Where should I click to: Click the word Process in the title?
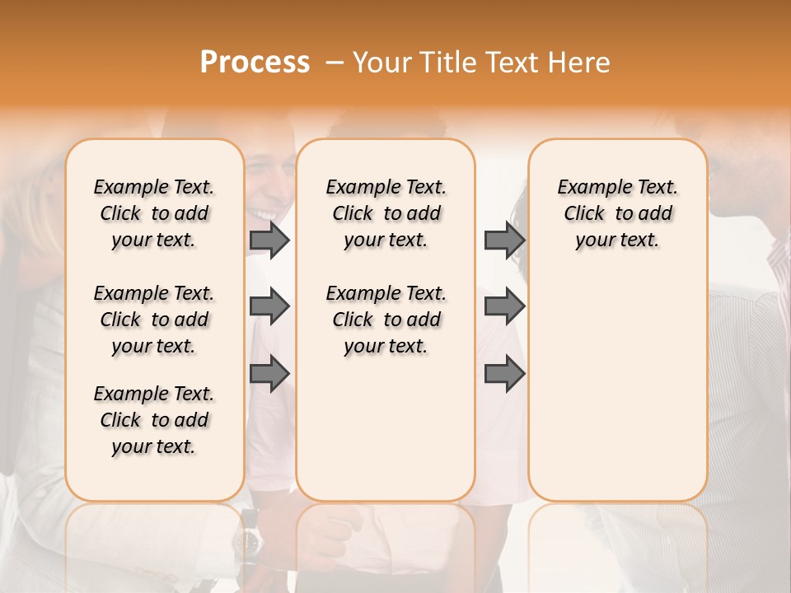[255, 63]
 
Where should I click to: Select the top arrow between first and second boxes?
[269, 240]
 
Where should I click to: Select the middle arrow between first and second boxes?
[269, 307]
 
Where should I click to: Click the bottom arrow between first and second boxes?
[269, 375]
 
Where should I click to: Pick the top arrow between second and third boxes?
[504, 240]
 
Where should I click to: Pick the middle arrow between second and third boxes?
[504, 307]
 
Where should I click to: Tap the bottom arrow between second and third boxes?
[504, 375]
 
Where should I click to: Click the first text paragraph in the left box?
[154, 213]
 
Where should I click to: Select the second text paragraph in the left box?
[154, 320]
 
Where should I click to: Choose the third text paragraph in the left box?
[154, 420]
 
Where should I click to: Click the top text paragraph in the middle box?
[386, 213]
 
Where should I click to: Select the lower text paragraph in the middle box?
[386, 320]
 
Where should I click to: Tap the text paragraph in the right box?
[617, 213]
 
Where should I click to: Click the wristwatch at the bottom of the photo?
[246, 541]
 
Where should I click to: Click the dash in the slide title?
[335, 63]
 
